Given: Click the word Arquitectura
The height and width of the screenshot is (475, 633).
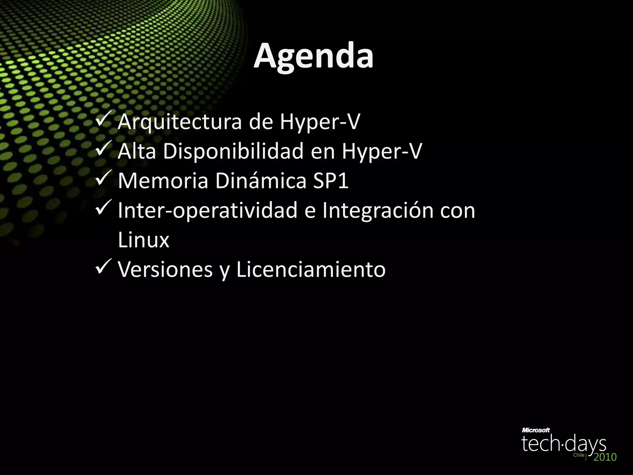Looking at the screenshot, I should click(x=180, y=122).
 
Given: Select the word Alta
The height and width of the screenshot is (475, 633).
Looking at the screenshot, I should click(x=137, y=152).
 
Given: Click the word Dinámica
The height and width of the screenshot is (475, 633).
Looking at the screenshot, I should click(x=261, y=181).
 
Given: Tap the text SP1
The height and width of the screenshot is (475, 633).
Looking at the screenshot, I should click(x=331, y=181).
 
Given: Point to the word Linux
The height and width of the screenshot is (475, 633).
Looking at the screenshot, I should click(x=144, y=240).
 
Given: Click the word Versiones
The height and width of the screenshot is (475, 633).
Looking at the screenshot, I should click(x=165, y=269).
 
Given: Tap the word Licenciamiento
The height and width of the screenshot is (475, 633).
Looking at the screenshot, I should click(x=311, y=269).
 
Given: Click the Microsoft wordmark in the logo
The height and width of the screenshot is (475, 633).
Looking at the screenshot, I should click(x=536, y=430).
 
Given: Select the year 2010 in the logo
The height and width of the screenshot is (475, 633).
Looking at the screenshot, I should click(x=605, y=457).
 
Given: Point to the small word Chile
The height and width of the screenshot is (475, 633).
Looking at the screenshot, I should click(x=579, y=455).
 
